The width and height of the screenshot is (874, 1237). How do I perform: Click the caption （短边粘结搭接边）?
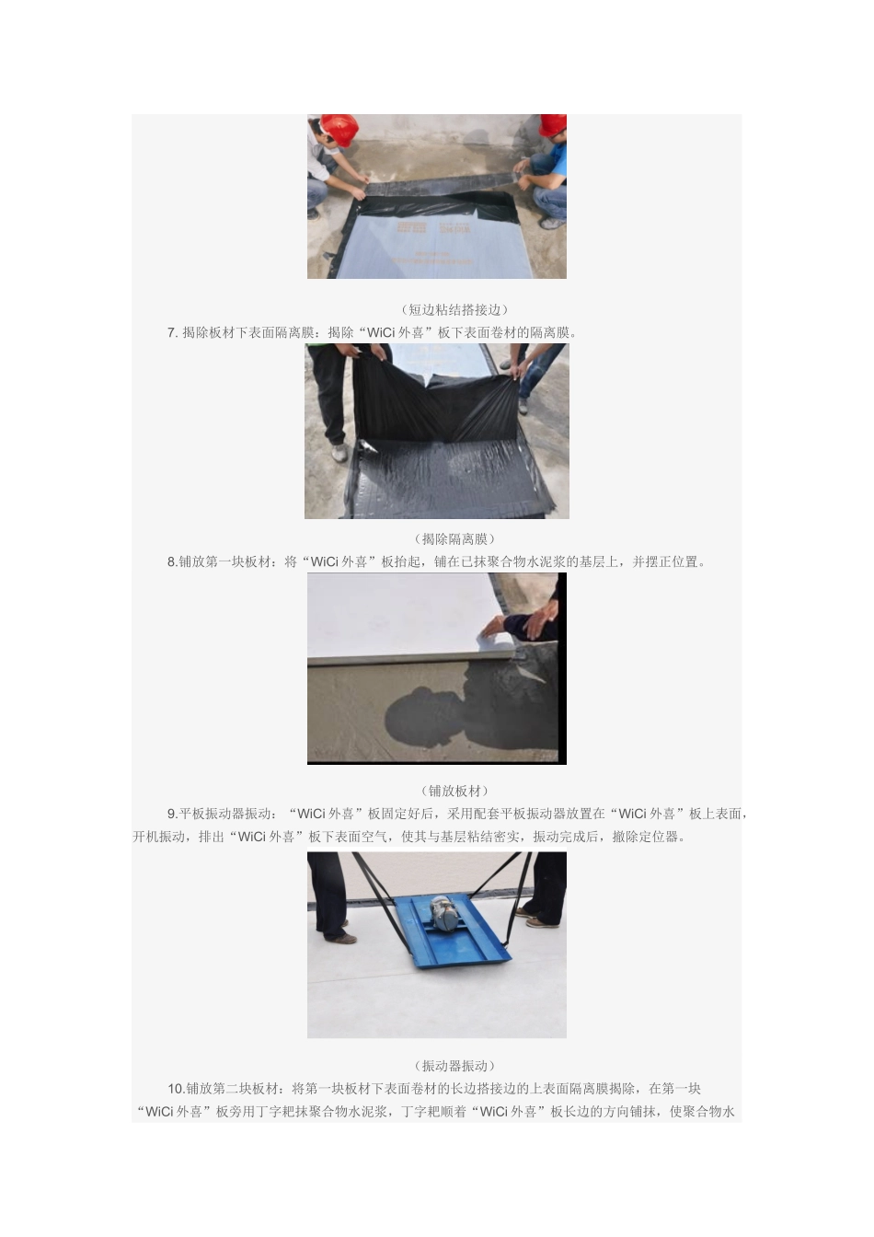click(x=454, y=309)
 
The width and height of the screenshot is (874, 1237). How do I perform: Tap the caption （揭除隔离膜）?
click(x=454, y=538)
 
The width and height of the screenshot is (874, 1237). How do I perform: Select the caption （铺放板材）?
click(x=454, y=791)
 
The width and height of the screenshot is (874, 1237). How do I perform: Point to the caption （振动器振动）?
click(x=454, y=1065)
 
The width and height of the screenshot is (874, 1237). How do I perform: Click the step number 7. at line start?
click(x=173, y=332)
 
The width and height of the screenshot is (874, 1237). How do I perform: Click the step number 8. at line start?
click(x=172, y=561)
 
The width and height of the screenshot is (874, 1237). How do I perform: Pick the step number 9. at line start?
click(x=172, y=814)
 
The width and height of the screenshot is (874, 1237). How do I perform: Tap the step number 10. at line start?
click(x=176, y=1089)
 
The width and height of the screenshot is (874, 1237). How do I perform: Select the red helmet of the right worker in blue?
click(x=553, y=125)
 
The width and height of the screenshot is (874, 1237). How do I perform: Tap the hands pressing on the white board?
click(x=518, y=626)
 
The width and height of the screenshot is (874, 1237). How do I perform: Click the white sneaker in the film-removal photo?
click(x=339, y=453)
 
